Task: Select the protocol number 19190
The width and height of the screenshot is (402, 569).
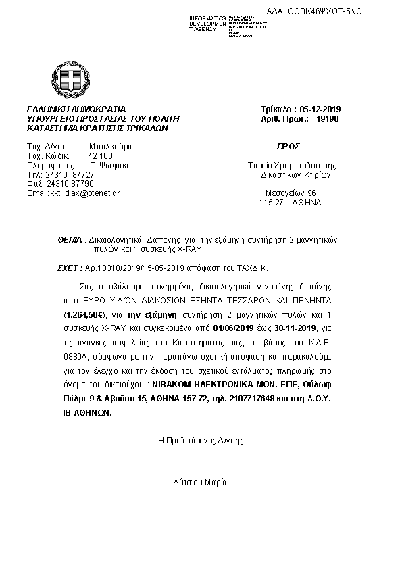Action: point(326,118)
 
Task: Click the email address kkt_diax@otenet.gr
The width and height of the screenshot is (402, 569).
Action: point(74,193)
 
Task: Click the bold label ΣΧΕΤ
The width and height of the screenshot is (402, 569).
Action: point(69,268)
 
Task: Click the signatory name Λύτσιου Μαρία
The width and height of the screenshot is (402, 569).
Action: point(200,483)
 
